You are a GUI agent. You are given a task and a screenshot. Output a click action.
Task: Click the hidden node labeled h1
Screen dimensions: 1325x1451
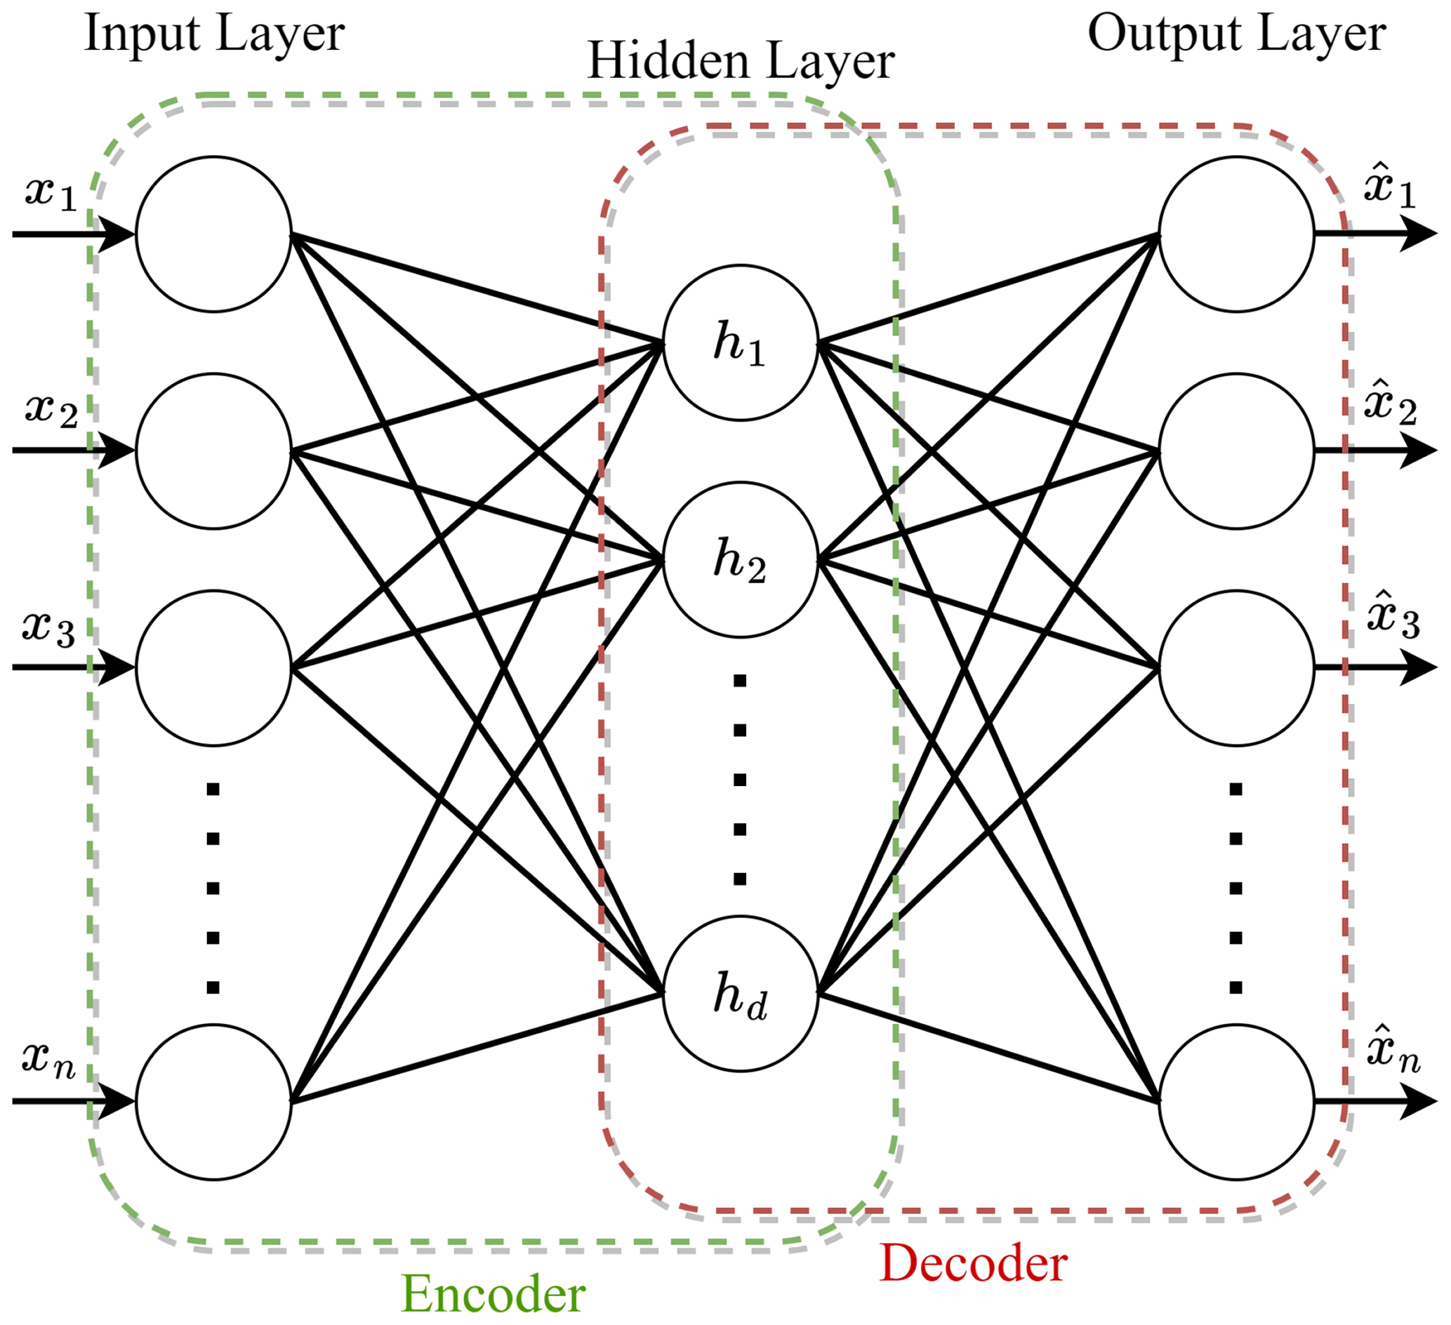tap(740, 342)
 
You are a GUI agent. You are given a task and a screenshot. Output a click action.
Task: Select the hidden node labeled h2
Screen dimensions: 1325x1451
tap(740, 559)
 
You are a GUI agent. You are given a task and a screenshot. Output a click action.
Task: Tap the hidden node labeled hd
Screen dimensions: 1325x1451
tap(740, 994)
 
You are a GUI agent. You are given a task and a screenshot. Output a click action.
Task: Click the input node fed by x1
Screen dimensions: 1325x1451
tap(214, 234)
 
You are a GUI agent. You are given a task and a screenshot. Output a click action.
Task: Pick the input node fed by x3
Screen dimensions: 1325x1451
tap(214, 668)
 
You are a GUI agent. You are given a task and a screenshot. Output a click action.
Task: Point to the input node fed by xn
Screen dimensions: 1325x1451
tap(214, 1101)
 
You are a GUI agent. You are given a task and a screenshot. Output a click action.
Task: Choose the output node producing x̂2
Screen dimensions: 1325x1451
tap(1236, 451)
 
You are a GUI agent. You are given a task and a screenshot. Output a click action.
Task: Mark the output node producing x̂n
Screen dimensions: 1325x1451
tap(1236, 1101)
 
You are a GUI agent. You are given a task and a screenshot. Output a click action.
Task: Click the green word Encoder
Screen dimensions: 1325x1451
tap(493, 1293)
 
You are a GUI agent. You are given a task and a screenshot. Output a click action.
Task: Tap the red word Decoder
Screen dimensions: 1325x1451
tap(973, 1263)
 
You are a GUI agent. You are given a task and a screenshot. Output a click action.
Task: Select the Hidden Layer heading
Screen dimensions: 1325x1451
tap(741, 62)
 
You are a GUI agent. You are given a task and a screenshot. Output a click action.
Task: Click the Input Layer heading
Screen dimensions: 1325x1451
tap(215, 34)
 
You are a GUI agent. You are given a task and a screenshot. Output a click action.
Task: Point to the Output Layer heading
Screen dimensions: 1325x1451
tap(1236, 34)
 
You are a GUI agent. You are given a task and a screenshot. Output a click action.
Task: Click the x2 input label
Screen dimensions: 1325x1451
tap(51, 411)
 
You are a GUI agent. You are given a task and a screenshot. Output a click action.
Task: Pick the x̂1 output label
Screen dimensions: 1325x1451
tap(1389, 189)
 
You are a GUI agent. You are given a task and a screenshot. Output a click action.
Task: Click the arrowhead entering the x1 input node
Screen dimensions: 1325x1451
tap(119, 234)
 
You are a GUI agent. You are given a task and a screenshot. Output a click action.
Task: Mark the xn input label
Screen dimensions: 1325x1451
tap(48, 1059)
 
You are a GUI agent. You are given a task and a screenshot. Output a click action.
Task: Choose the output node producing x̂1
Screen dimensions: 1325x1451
tap(1236, 234)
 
